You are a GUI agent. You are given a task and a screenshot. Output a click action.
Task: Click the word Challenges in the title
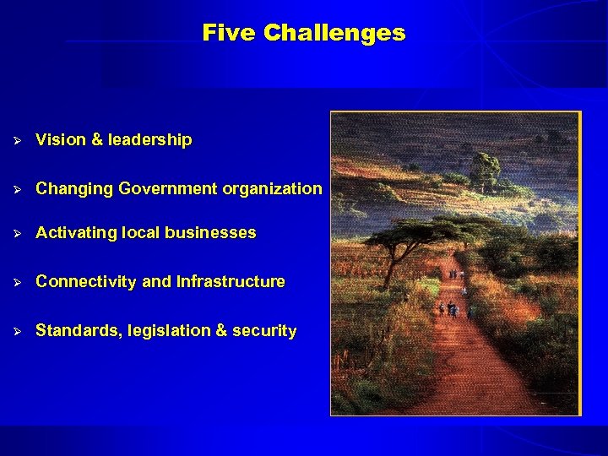point(334,33)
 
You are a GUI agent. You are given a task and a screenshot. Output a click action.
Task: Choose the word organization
point(272,189)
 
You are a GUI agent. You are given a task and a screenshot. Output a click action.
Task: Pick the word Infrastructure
point(230,282)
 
